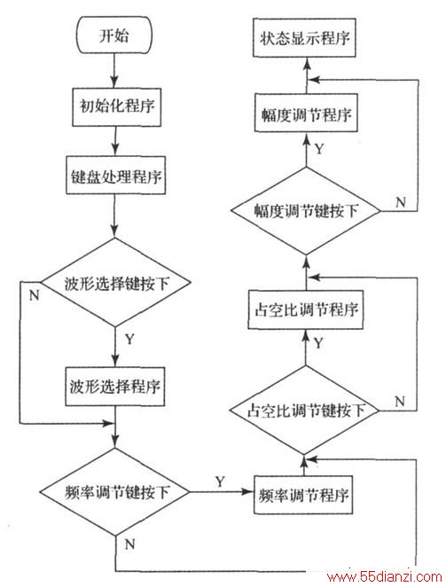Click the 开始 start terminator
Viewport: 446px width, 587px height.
coord(114,35)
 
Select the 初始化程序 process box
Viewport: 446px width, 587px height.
coord(117,107)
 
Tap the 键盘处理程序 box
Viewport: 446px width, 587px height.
coord(116,176)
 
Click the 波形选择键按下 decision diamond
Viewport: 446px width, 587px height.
coord(116,282)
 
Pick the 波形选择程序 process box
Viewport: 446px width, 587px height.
coord(115,387)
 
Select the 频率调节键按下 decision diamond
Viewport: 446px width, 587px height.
coord(115,491)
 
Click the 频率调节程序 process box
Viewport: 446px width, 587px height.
coord(303,495)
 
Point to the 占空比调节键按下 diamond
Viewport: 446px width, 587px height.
coord(305,411)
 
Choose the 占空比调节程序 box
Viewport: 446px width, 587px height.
coord(306,309)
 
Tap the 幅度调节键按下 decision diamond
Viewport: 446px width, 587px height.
coord(306,211)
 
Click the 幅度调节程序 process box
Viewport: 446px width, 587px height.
coord(306,113)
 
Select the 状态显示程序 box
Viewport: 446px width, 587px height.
coord(304,38)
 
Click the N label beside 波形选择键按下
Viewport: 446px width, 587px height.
coord(34,296)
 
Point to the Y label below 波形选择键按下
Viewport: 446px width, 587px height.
coord(129,340)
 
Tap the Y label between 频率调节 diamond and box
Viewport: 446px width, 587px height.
coord(220,481)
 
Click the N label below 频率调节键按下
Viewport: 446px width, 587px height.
coord(130,544)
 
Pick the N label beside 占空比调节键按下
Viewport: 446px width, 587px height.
coord(400,401)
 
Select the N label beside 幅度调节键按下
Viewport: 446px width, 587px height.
coord(401,202)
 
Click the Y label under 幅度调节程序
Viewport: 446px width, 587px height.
coord(318,149)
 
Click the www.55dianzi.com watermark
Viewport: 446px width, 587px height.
coord(385,577)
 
